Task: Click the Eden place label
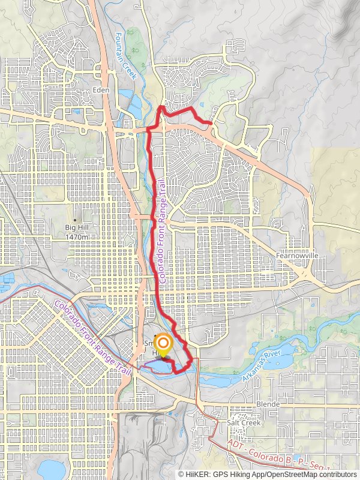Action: pyautogui.click(x=100, y=90)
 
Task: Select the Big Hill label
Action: pyautogui.click(x=77, y=228)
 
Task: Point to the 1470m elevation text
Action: pyautogui.click(x=77, y=237)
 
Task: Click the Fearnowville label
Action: pyautogui.click(x=296, y=255)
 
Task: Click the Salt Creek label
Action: pyautogui.click(x=243, y=422)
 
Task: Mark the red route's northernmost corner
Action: pyautogui.click(x=161, y=107)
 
